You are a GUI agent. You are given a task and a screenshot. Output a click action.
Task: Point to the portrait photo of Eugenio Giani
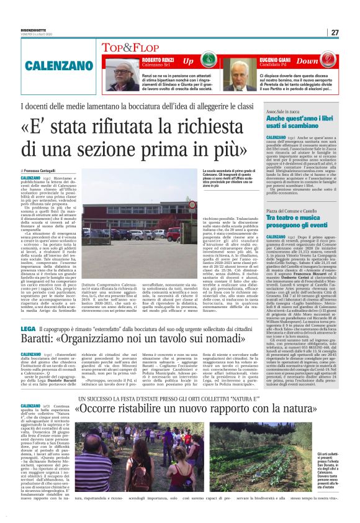[236, 74]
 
